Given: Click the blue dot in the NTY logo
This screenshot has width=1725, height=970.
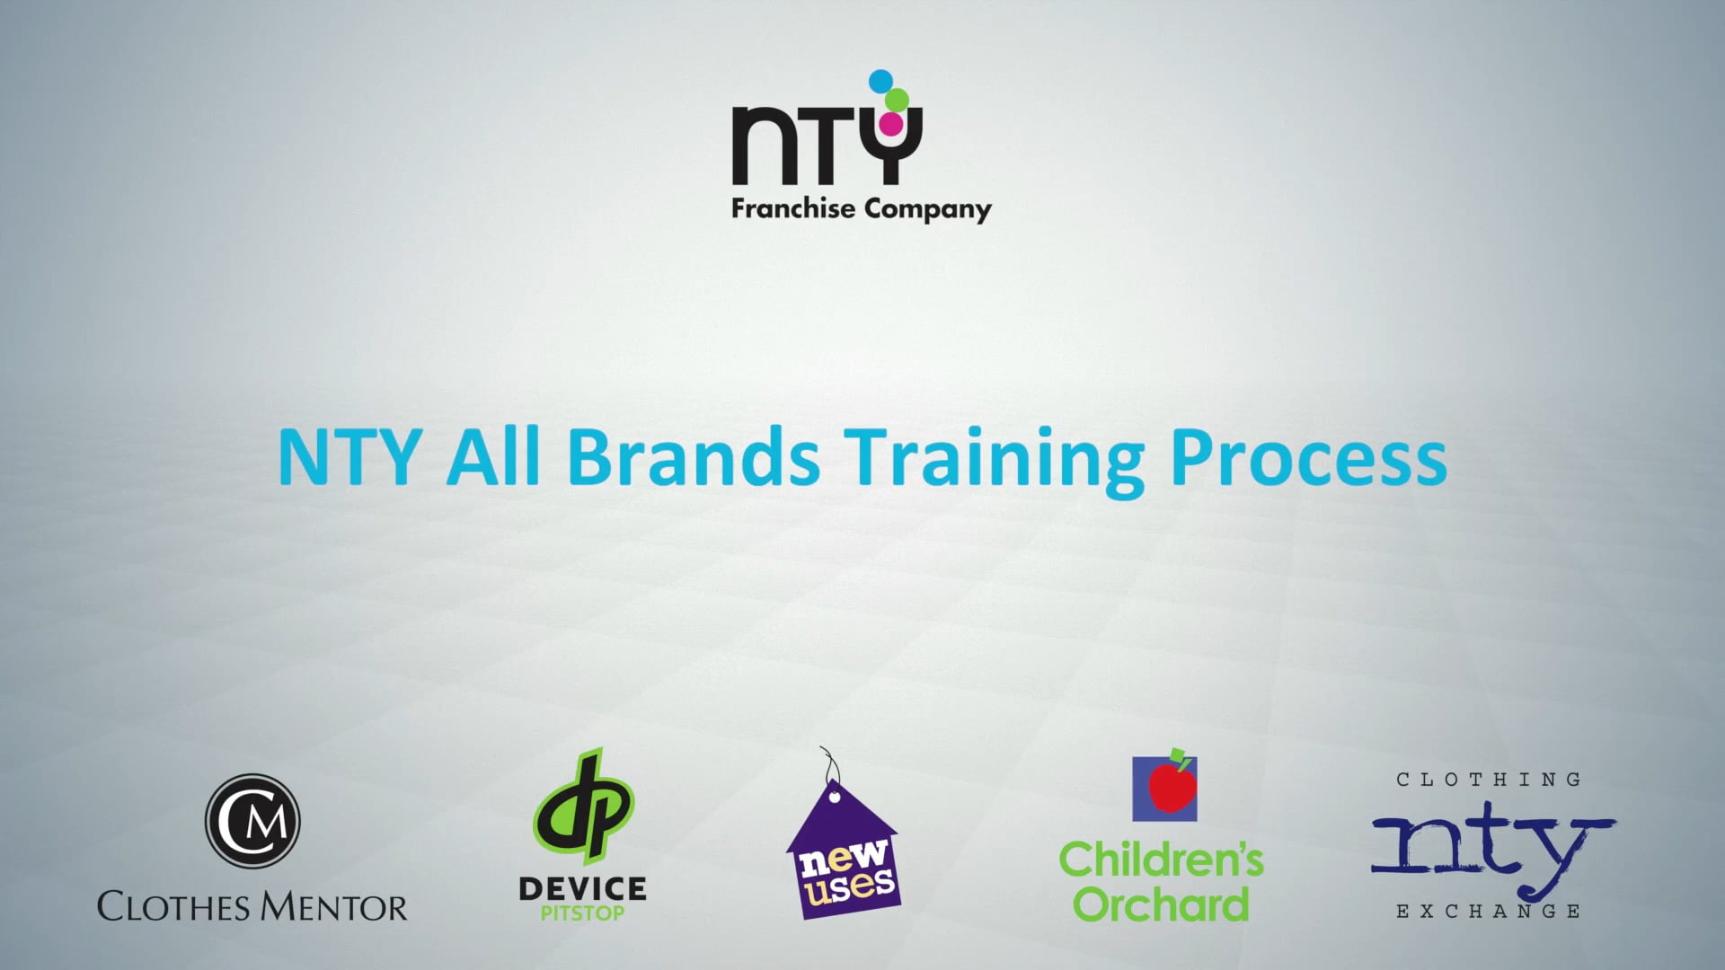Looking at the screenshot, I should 880,81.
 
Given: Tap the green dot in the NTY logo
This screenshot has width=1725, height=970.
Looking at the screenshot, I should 897,100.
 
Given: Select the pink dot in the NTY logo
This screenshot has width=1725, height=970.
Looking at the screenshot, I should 890,123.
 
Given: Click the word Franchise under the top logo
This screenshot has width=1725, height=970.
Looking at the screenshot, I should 792,208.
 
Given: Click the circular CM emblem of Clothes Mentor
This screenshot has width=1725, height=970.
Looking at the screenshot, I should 252,821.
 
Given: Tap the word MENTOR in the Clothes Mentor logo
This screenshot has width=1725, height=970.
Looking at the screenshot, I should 334,907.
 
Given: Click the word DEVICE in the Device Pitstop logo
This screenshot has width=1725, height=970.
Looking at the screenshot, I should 582,889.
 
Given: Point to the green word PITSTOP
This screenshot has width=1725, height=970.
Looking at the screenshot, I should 582,913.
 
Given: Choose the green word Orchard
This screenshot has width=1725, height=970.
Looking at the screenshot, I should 1161,904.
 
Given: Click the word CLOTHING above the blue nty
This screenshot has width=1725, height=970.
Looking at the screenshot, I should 1489,780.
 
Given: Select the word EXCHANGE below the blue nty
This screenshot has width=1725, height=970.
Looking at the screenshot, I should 1489,912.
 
